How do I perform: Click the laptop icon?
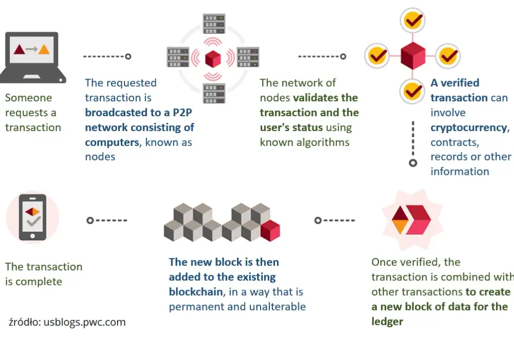[33, 58]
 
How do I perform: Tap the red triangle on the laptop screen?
[20, 49]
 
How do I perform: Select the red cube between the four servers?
[213, 59]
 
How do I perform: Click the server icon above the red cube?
[214, 24]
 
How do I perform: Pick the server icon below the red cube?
[214, 94]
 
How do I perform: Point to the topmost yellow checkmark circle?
[413, 21]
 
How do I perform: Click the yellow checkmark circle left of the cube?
[377, 56]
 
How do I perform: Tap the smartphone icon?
[32, 218]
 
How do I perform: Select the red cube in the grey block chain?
[270, 231]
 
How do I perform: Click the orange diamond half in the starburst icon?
[400, 226]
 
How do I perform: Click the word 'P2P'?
[182, 113]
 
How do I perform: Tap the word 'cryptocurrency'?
[469, 128]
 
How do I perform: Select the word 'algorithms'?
[323, 142]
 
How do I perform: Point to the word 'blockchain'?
[196, 292]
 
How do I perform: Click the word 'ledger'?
[387, 321]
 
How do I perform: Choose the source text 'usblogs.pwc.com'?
[85, 322]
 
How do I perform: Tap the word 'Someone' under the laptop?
[28, 98]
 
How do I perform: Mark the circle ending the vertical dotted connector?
[413, 163]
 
